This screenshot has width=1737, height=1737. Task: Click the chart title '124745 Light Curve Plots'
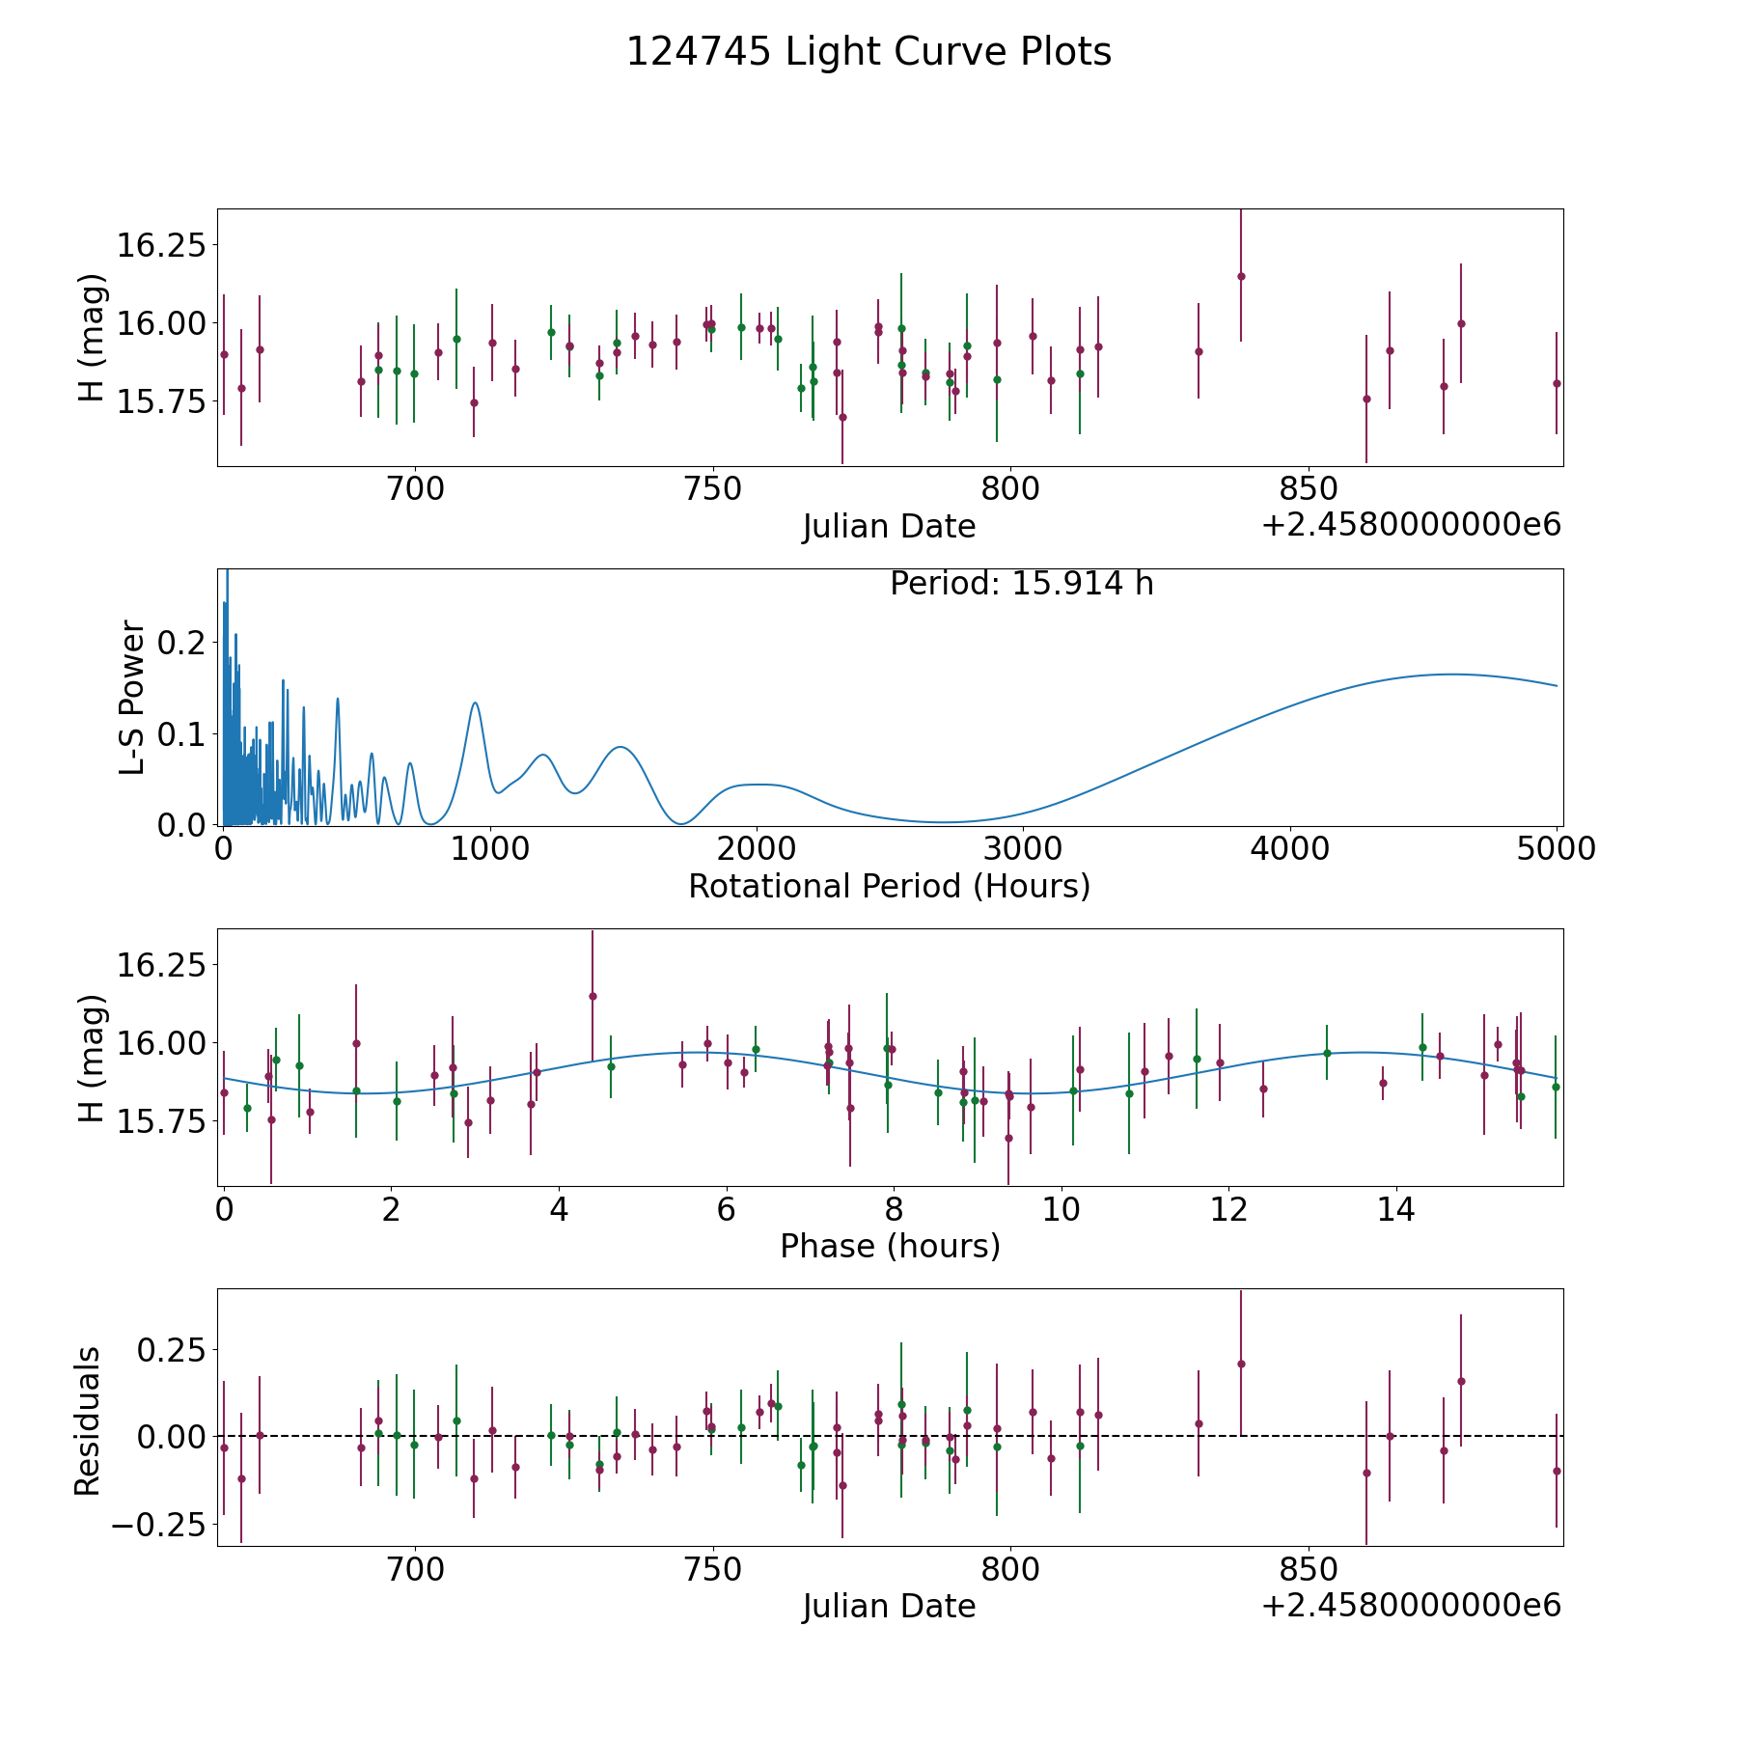pyautogui.click(x=868, y=52)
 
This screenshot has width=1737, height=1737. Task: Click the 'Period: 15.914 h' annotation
pyautogui.click(x=1021, y=584)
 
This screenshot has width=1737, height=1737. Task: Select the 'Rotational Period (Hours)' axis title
pyautogui.click(x=889, y=886)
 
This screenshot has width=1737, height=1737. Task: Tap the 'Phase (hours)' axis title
pyautogui.click(x=889, y=1246)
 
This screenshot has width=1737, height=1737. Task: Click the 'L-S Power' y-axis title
pyautogui.click(x=132, y=697)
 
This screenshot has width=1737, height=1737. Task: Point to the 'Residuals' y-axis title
pyautogui.click(x=88, y=1420)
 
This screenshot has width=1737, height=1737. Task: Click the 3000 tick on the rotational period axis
pyautogui.click(x=1023, y=849)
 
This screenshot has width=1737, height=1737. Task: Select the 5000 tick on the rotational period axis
pyautogui.click(x=1556, y=849)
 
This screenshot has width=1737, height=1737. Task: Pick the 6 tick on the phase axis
pyautogui.click(x=726, y=1209)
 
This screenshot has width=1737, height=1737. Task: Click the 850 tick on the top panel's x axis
pyautogui.click(x=1308, y=489)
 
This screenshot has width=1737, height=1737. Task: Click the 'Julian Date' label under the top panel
pyautogui.click(x=889, y=527)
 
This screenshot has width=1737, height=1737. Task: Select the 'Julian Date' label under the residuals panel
pyautogui.click(x=889, y=1606)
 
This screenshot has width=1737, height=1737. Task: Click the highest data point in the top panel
pyautogui.click(x=1241, y=276)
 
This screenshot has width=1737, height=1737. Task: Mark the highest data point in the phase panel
pyautogui.click(x=593, y=996)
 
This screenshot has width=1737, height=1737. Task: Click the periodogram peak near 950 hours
pyautogui.click(x=475, y=703)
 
